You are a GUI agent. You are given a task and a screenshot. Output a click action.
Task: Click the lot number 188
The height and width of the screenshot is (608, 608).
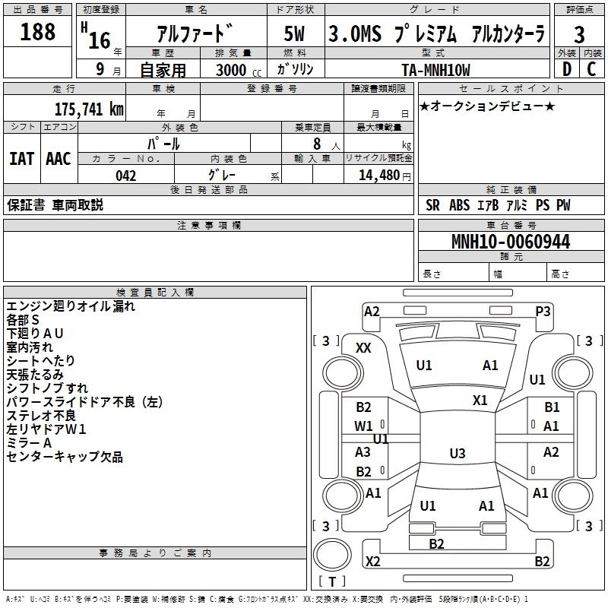click(37, 32)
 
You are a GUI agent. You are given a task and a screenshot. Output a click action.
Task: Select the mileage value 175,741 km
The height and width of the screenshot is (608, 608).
click(89, 109)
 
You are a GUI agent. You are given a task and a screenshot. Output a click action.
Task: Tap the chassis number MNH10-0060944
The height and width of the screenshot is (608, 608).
click(510, 242)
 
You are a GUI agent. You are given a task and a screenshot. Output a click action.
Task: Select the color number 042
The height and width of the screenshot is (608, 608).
click(125, 176)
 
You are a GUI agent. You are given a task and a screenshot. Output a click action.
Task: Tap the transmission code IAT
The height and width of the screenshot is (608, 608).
click(22, 158)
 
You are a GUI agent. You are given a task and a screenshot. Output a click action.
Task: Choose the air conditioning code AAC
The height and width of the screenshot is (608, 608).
click(59, 158)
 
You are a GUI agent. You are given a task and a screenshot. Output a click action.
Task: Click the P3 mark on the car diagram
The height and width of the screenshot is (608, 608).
click(543, 311)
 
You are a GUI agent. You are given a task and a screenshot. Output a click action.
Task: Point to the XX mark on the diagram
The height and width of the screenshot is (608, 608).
click(364, 347)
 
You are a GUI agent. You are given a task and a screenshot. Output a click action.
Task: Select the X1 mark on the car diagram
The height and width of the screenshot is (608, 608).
click(480, 400)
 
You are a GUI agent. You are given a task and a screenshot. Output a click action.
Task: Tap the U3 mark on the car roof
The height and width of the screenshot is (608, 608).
click(457, 454)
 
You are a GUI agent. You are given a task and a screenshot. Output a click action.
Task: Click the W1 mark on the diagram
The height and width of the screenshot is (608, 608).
click(364, 426)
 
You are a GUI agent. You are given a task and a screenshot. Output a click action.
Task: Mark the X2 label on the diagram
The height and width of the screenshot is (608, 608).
click(372, 562)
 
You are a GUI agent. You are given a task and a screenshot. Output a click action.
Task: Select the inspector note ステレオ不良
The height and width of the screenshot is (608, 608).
click(41, 416)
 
